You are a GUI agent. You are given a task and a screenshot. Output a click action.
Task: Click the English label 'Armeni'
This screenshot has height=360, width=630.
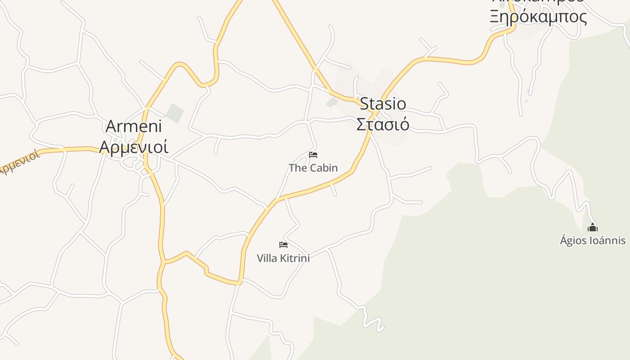pos(134,126)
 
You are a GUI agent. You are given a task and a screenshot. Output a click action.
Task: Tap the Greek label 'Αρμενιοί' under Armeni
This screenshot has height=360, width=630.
pos(134,147)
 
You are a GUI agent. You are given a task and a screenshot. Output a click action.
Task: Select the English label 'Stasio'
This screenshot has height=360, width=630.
pos(383,104)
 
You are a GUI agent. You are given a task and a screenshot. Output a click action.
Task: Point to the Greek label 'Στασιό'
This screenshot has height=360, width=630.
pos(383,124)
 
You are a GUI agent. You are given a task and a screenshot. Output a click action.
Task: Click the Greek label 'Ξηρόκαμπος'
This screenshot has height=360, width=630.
pos(538,17)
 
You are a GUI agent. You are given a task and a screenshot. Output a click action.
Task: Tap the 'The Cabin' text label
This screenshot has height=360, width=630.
pos(313,168)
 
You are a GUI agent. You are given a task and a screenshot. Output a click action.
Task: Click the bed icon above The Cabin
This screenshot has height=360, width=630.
pos(313,155)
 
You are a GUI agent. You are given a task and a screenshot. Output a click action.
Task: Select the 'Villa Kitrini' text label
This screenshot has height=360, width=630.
pos(283,258)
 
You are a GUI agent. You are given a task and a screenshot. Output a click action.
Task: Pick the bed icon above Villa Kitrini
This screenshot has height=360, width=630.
pos(283,245)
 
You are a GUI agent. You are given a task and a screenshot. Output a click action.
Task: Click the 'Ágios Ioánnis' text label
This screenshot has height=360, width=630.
pos(593,240)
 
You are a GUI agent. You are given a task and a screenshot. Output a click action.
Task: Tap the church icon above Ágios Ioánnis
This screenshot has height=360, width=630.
pos(593,227)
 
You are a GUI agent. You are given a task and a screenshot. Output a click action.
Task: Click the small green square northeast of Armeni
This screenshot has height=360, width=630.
pos(175,112)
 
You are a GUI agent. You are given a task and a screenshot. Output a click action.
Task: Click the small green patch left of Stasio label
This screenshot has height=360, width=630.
pos(332,102)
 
